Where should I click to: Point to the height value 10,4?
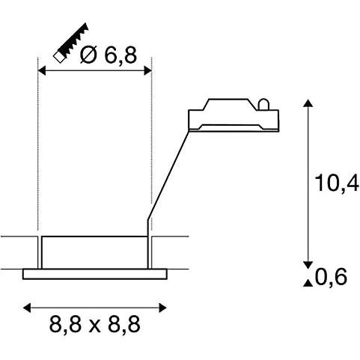coord(336,182)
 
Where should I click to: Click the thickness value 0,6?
coord(331,278)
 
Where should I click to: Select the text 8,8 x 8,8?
coord(94,325)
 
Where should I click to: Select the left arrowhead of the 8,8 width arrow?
coord(27,307)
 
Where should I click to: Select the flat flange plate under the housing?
coord(94,274)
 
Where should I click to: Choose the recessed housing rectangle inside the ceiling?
coord(94,252)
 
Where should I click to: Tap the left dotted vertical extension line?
coord(37,150)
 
